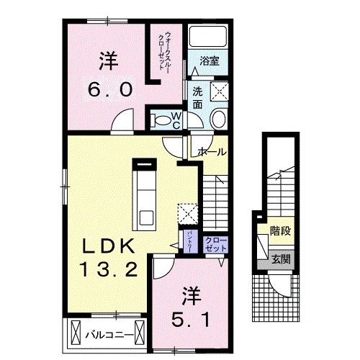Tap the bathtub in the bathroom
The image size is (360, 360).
pos(207,40)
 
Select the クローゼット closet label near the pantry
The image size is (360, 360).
pos(215,243)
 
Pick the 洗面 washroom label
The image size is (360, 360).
pos(197,97)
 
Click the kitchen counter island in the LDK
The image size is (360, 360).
pos(145,194)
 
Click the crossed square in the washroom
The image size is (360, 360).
pos(217,91)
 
